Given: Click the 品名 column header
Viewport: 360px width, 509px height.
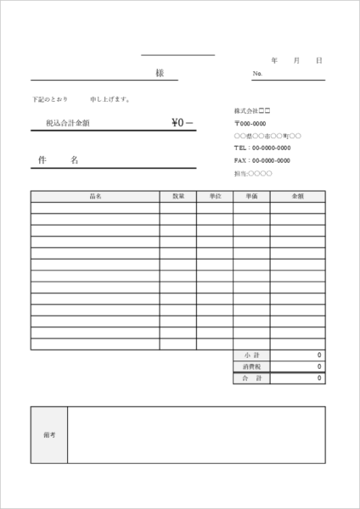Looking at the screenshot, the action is (x=95, y=196).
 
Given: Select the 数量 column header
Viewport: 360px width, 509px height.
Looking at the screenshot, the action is (x=178, y=196).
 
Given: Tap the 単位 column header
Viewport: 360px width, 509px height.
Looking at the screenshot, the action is (x=215, y=196).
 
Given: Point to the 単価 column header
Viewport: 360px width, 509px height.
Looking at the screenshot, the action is (x=251, y=196).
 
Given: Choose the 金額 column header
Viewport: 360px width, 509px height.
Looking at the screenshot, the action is (x=297, y=196).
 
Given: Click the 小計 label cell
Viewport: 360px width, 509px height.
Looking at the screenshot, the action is (x=251, y=355).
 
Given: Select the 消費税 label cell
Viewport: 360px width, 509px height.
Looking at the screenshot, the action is (x=251, y=366).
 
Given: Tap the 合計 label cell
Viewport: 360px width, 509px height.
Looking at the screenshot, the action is (x=251, y=378).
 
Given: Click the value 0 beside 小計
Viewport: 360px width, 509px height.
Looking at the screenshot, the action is (x=319, y=355).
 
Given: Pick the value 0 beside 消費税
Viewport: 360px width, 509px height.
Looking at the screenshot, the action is (x=319, y=366).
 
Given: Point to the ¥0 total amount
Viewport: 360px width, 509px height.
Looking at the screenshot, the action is (x=182, y=123).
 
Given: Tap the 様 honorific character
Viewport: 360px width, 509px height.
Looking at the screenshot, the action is (x=160, y=73).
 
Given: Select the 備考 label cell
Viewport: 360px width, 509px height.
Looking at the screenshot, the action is (x=48, y=434).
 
